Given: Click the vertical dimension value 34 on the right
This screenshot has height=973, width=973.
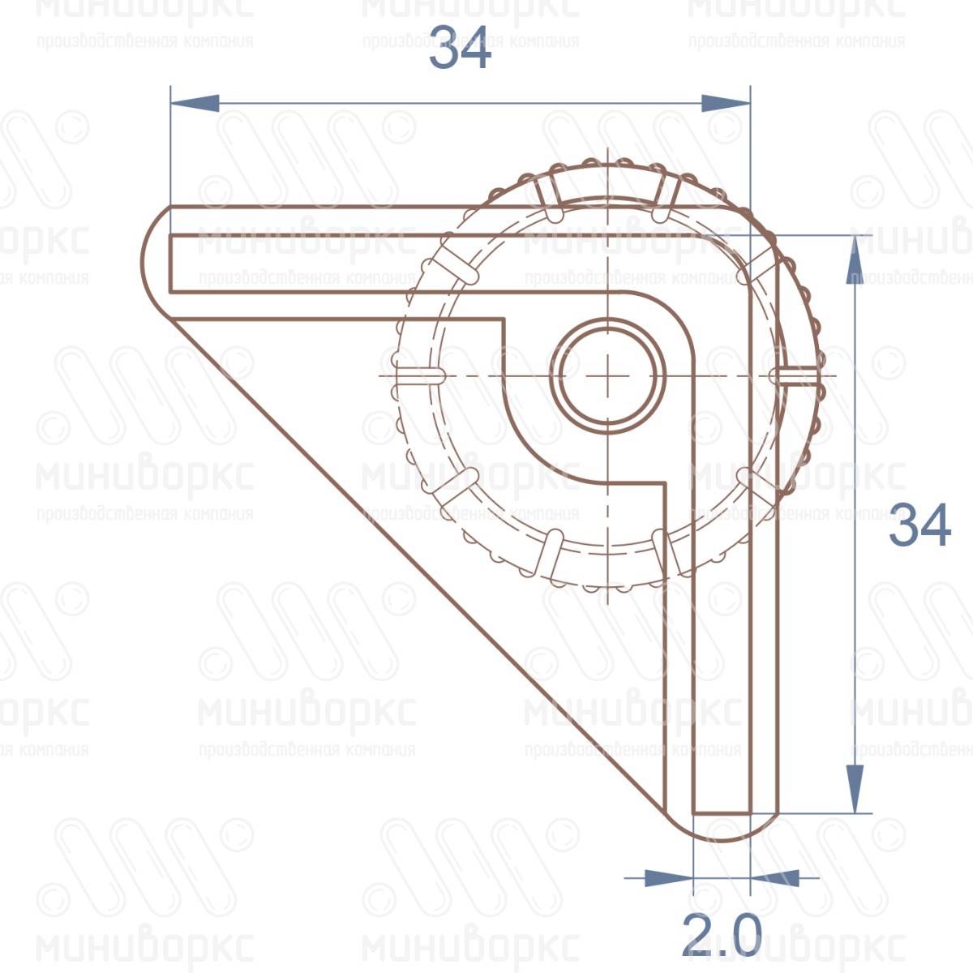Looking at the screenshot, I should click(x=919, y=525).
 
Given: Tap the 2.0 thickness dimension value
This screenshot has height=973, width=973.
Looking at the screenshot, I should click(x=721, y=936).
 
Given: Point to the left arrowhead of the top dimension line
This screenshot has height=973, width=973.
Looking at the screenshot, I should click(x=195, y=103).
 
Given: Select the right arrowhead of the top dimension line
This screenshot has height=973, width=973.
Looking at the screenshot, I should click(x=725, y=103).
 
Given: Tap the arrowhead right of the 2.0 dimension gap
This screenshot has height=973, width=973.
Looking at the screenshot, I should click(x=774, y=877).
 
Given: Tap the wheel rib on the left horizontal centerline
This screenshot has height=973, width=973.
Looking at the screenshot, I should click(x=419, y=375).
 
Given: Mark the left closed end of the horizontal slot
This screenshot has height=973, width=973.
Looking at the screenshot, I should click(x=172, y=263).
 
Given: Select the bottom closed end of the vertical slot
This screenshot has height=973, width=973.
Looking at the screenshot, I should click(x=721, y=812).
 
